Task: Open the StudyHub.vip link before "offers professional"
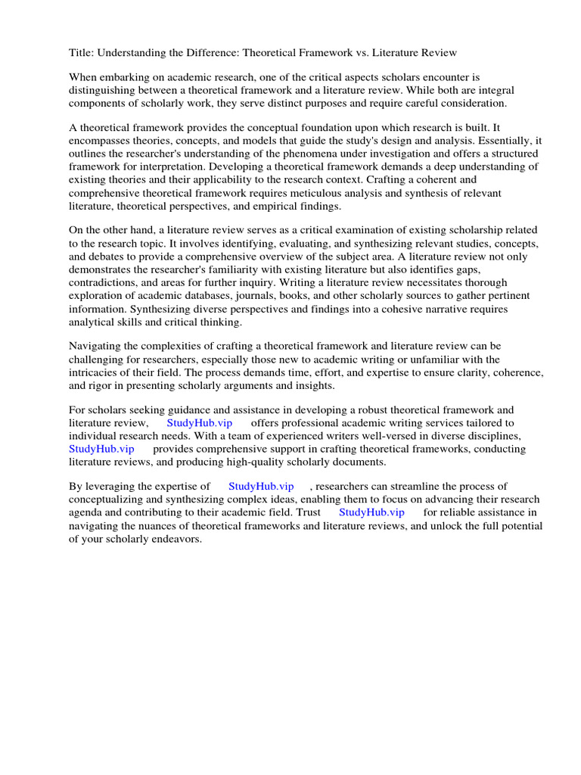coord(200,422)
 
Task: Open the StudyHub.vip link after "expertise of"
coord(260,486)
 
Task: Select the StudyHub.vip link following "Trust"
coord(371,512)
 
